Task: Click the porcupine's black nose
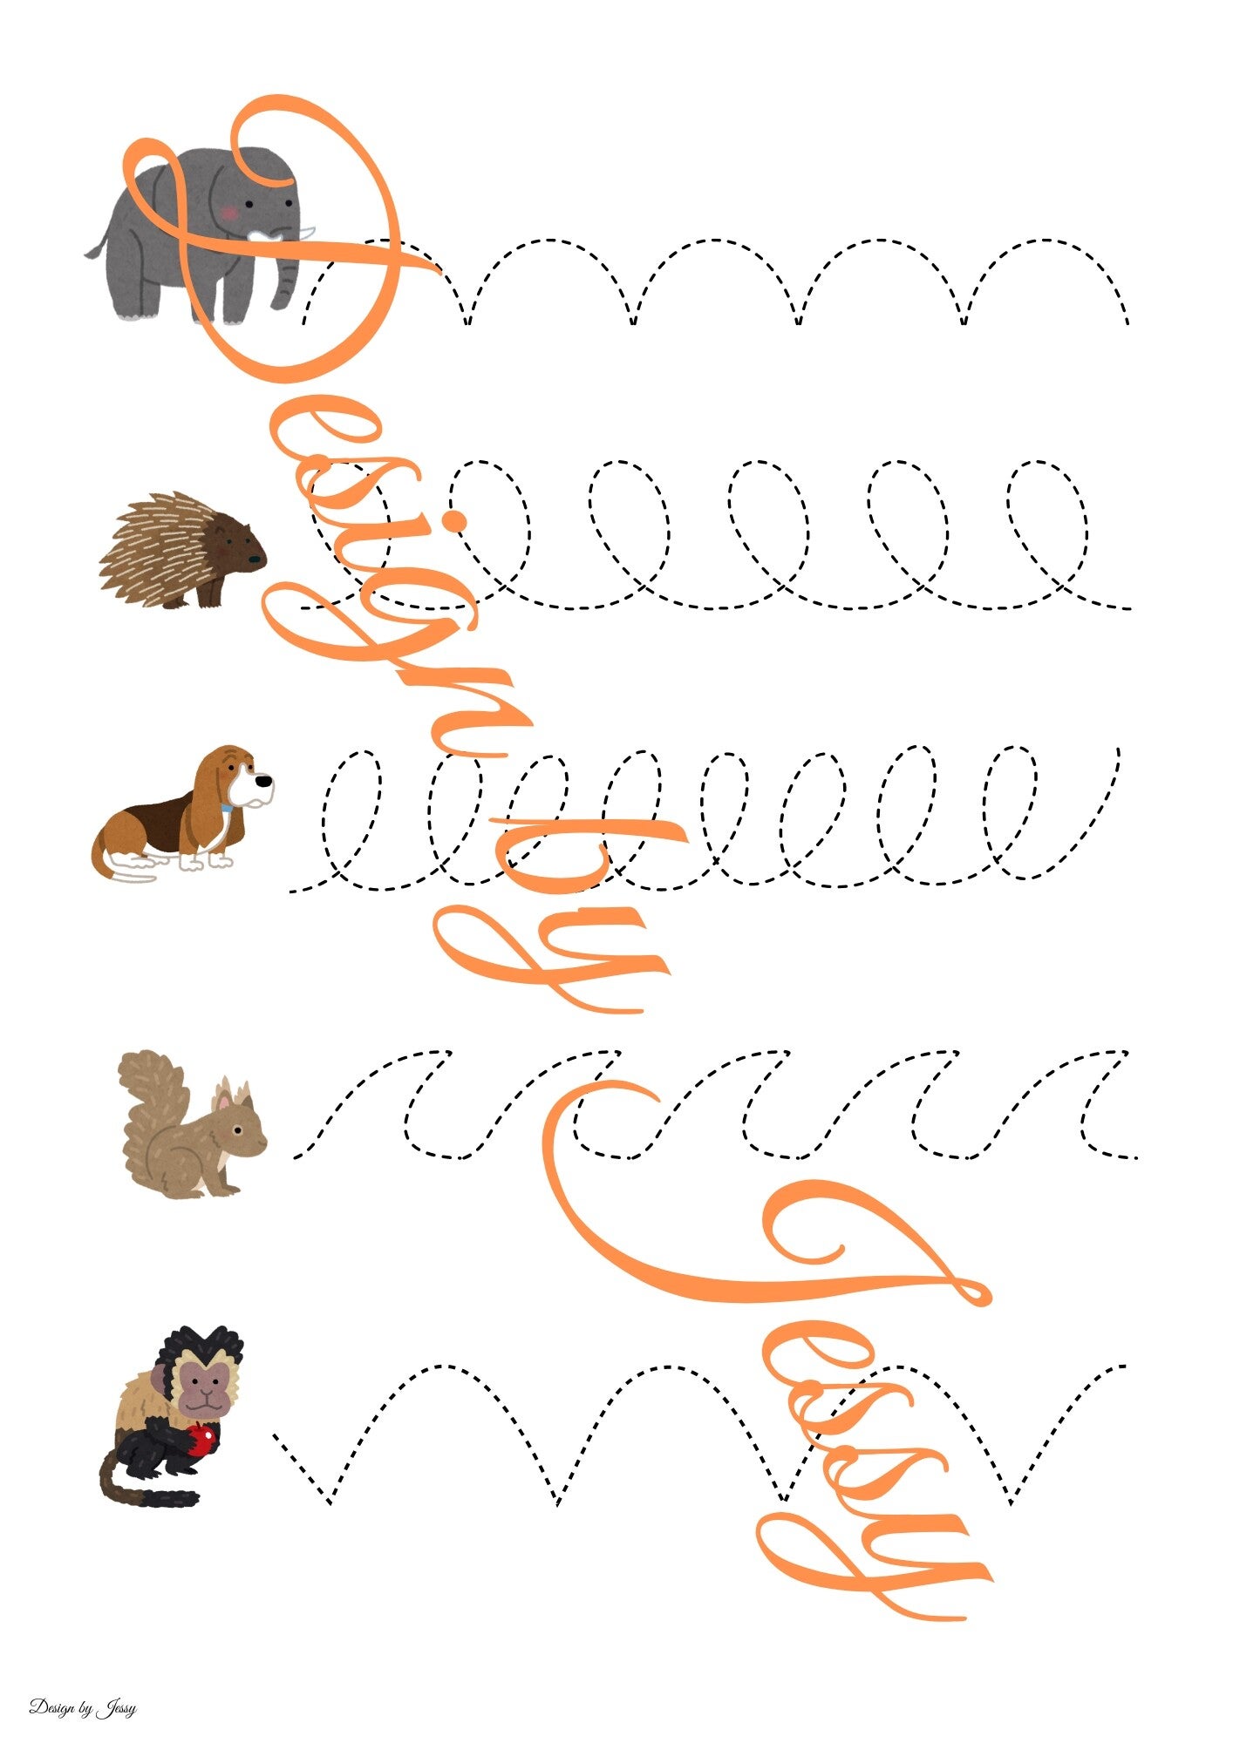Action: pyautogui.click(x=255, y=559)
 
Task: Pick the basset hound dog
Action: pyautogui.click(x=183, y=811)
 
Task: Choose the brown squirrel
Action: pyautogui.click(x=193, y=1124)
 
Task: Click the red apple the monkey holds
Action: pyautogui.click(x=201, y=1439)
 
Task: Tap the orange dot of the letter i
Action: pyautogui.click(x=454, y=521)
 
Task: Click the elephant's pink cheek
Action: pyautogui.click(x=228, y=211)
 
